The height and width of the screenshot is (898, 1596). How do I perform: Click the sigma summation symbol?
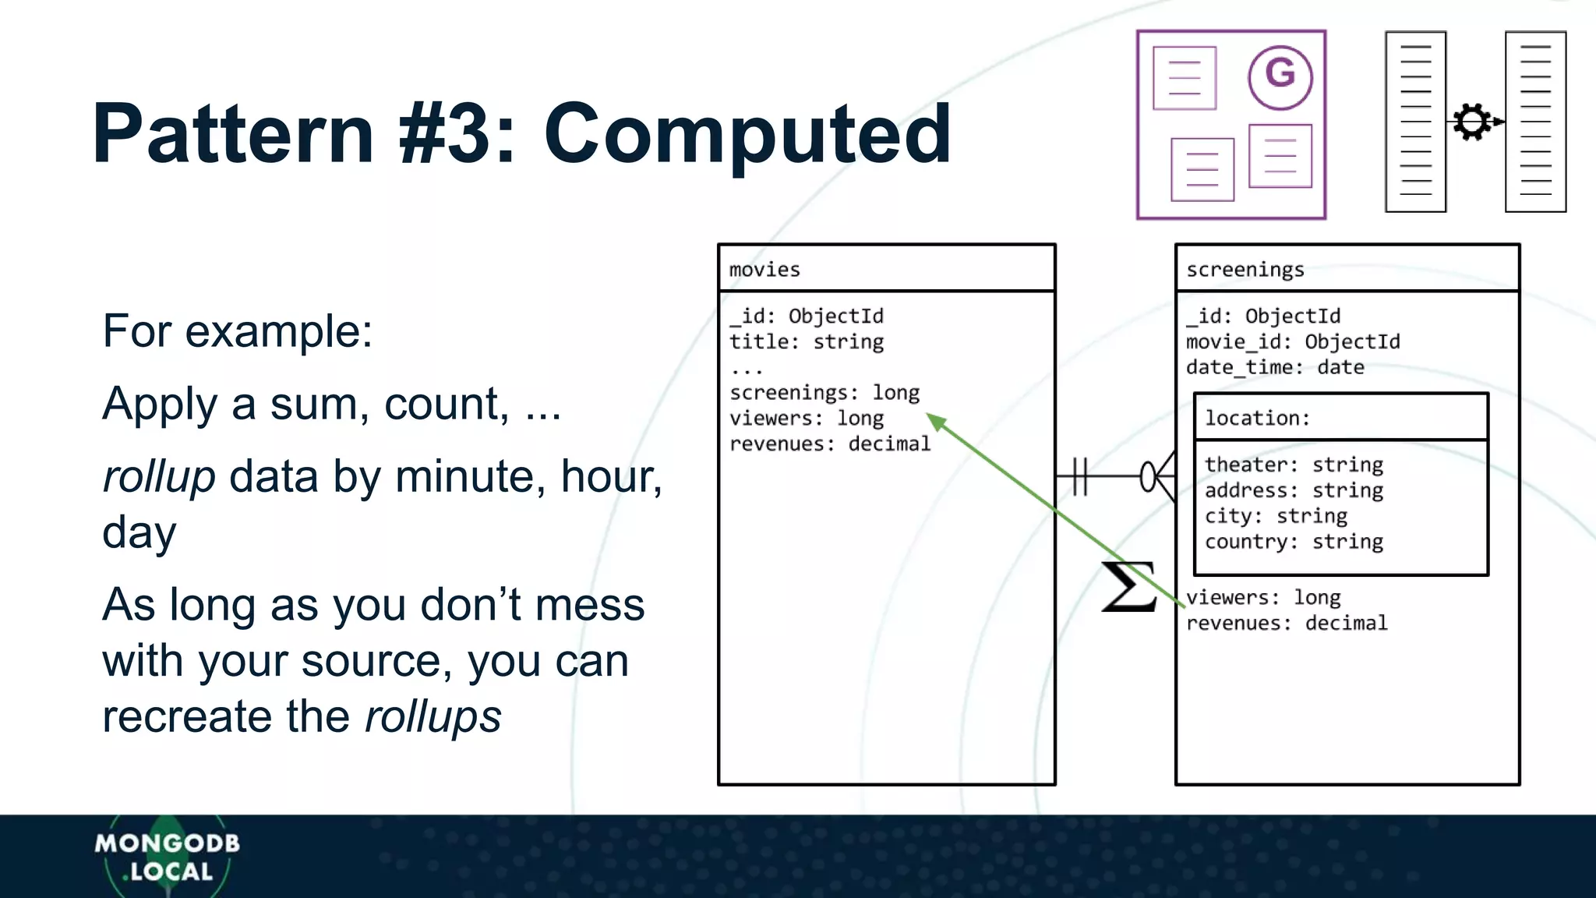coord(1128,586)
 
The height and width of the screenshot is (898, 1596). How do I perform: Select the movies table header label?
coord(764,270)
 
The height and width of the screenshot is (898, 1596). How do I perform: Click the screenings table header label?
coord(1245,270)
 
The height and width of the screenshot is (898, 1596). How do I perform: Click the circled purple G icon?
coord(1280,76)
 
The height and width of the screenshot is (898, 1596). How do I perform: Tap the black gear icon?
coord(1472,122)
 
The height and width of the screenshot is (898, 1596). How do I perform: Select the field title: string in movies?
coord(807,342)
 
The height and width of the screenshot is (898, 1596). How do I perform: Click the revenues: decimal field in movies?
coord(830,444)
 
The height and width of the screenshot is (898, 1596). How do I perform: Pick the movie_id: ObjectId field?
coord(1293,342)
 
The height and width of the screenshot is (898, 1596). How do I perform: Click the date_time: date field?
coord(1275,368)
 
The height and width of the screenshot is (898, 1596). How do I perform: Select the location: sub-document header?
coord(1257,419)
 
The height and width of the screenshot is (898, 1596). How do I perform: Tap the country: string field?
coord(1294,542)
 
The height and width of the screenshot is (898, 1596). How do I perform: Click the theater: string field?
coord(1294,465)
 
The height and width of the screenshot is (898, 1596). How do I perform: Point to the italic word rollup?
coord(159,477)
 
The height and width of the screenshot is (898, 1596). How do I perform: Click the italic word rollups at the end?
coord(433,717)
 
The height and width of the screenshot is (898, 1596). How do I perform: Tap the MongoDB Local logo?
coord(167,857)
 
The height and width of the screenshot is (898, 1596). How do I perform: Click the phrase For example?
coord(238,331)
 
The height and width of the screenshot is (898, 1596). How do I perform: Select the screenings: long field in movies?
coord(824,393)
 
